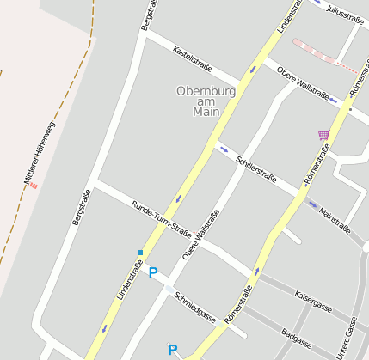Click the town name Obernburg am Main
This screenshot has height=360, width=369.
tap(200, 101)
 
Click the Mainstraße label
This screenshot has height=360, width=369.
tap(335, 219)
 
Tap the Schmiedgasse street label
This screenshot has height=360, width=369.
tap(195, 307)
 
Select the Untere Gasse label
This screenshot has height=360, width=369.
tap(347, 337)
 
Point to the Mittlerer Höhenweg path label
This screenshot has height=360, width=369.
tap(40, 151)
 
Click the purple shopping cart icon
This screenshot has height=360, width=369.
tap(323, 134)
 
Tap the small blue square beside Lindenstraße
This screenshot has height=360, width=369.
tap(139, 253)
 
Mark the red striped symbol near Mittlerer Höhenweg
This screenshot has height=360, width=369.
tap(34, 184)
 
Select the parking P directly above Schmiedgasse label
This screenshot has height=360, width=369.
tap(153, 273)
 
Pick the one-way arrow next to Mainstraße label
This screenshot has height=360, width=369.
tap(311, 204)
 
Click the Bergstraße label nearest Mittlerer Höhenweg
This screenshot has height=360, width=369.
tap(81, 208)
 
